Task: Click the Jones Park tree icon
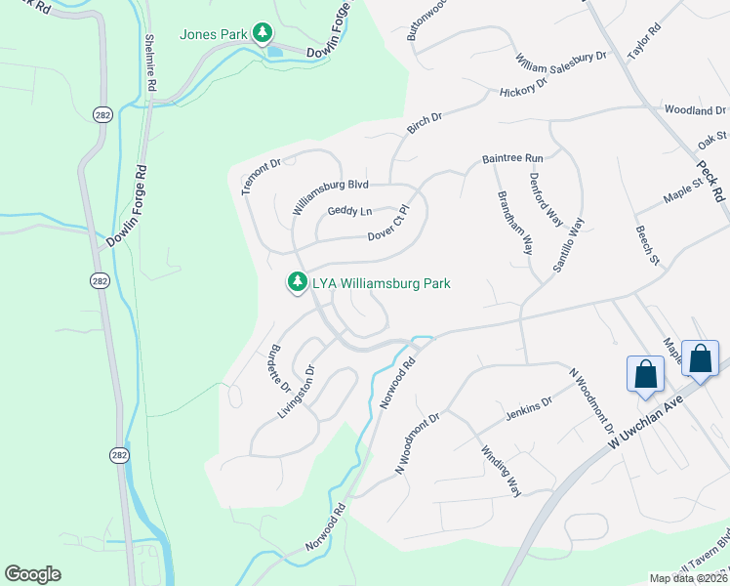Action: (262, 34)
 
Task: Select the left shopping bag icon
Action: (645, 374)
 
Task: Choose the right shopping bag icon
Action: (701, 358)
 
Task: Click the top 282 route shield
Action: (102, 115)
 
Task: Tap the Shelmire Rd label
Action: (151, 63)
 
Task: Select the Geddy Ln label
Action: (349, 211)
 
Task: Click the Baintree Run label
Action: (511, 157)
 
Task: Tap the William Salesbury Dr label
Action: (562, 59)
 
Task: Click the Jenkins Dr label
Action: (529, 409)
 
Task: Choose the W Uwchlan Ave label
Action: (641, 412)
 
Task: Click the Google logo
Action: (32, 574)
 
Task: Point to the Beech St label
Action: (647, 244)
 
